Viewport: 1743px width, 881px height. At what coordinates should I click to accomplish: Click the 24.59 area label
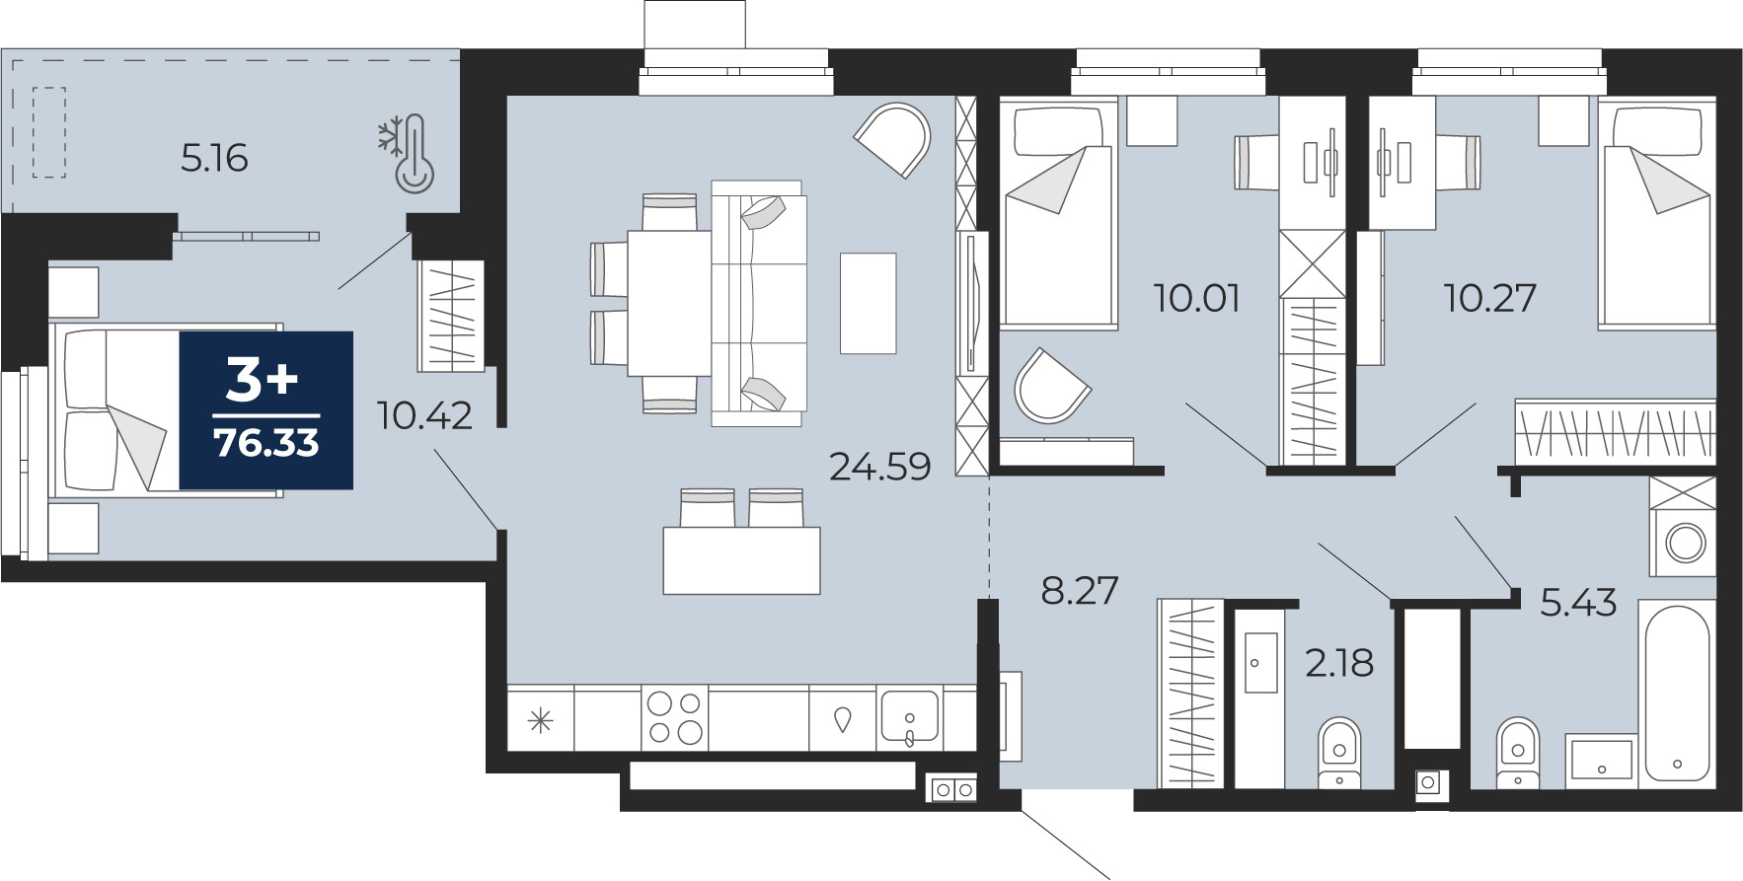coord(879,467)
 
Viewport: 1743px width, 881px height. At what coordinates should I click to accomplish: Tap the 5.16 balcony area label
coord(214,158)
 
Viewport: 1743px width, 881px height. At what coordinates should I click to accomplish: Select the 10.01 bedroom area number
coord(1197,298)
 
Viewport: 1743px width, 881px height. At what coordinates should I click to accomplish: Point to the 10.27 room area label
coord(1490,298)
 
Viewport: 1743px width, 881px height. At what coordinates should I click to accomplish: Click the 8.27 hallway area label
coord(1080,591)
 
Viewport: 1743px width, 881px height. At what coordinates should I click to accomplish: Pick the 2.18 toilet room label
coord(1339,664)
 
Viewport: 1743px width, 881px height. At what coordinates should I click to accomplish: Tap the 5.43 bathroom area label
coord(1578,603)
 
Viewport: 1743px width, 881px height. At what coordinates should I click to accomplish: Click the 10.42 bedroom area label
coord(425,416)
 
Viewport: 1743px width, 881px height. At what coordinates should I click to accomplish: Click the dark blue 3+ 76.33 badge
coord(265,409)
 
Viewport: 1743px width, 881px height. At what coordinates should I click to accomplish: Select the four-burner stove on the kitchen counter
coord(674,718)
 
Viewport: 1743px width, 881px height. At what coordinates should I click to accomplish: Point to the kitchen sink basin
coord(909,719)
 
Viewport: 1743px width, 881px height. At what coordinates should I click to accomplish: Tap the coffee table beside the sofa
coord(869,303)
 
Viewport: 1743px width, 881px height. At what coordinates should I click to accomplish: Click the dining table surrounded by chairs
coord(669,303)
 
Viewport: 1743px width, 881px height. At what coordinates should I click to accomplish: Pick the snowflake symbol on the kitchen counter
coord(541,721)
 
